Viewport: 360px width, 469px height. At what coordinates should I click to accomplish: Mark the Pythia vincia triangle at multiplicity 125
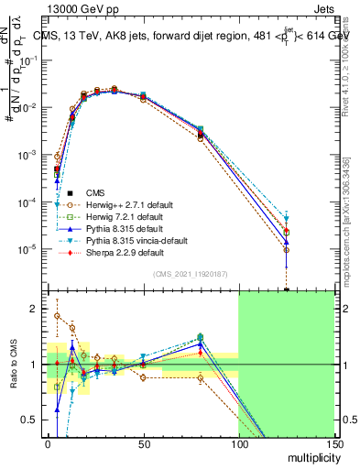286,218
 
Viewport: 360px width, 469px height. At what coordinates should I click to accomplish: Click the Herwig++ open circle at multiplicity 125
286,249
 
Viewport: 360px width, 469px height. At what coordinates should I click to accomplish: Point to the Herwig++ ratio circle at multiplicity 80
200,377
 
